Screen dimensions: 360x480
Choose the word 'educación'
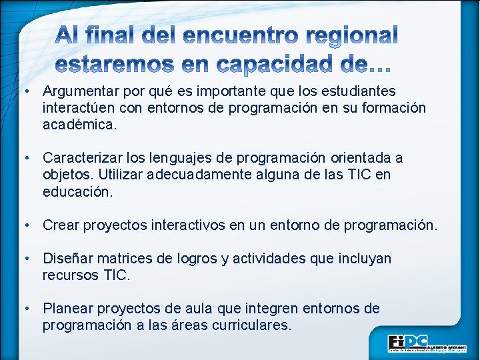tap(76, 191)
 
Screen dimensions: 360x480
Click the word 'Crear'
tap(60, 225)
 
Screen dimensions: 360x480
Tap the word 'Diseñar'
tap(67, 259)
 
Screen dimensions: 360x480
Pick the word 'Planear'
tap(67, 309)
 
